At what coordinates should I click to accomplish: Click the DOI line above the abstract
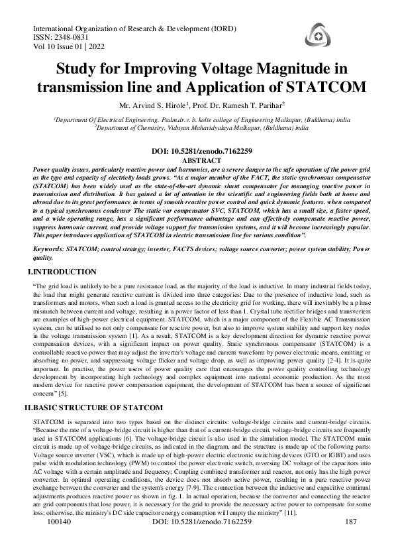coord(197,152)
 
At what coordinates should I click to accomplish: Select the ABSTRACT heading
coord(197,160)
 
